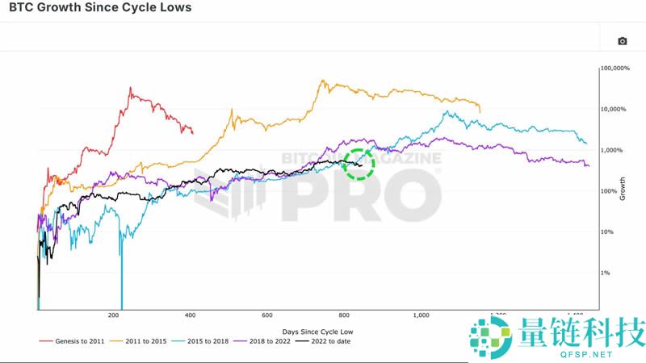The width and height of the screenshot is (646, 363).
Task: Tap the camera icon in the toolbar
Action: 623,41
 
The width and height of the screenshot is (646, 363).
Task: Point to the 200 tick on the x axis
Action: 114,316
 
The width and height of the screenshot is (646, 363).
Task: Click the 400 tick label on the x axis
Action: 190,316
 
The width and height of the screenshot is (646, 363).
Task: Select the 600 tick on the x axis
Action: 266,316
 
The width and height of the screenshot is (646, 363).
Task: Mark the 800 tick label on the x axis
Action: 343,316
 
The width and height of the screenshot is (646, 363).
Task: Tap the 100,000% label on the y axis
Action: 615,69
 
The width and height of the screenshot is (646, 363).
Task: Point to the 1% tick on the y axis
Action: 606,273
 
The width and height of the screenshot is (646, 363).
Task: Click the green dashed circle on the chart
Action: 359,164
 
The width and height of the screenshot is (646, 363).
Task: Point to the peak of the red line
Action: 131,88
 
